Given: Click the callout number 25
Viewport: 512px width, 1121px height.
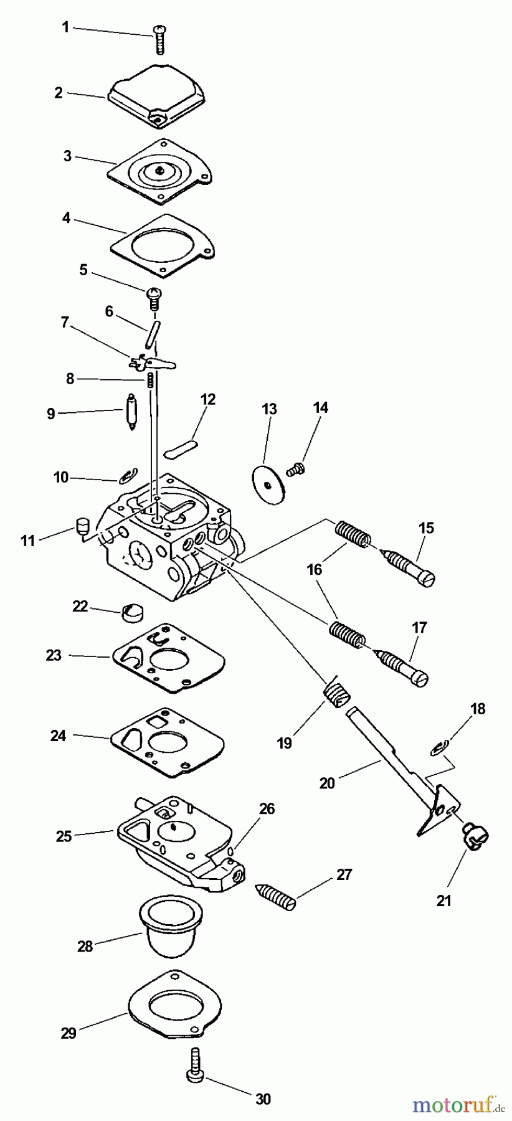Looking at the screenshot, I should coord(64,836).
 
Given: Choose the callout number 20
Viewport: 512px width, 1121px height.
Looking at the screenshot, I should coord(327,783).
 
